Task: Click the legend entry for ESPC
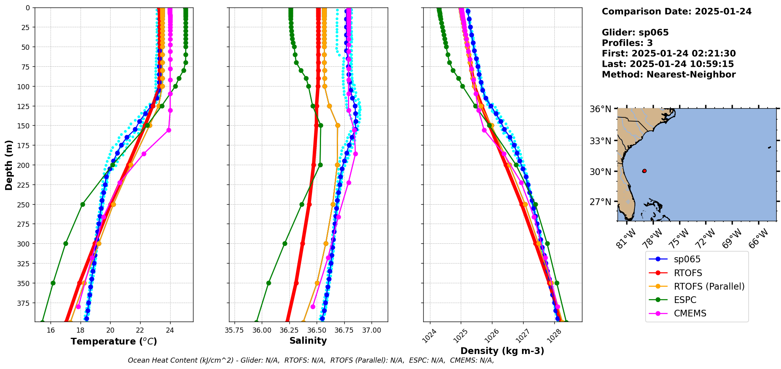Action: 685,300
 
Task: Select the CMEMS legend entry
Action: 690,313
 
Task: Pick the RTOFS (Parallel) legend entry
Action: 709,286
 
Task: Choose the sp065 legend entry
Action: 687,259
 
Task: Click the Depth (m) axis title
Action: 9,165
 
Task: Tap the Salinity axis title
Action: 308,341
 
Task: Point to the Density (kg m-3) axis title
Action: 502,351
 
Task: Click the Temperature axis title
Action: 114,341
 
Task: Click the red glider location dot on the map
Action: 644,171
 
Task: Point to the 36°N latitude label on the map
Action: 600,109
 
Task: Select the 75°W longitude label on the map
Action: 680,238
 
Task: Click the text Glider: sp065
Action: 635,32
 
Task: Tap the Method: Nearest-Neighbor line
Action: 668,75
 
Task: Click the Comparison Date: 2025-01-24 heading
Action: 676,11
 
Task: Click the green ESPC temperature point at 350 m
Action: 53,283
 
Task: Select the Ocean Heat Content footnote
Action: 311,360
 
